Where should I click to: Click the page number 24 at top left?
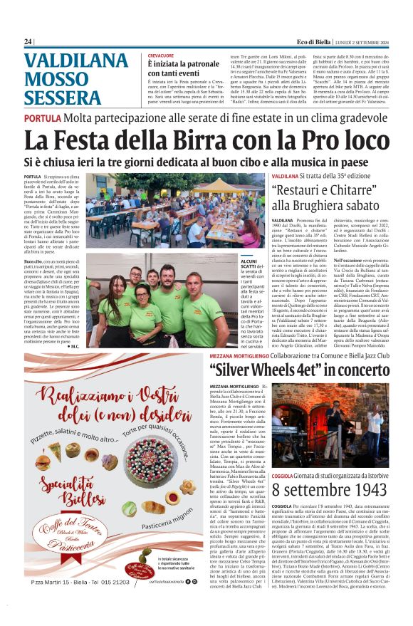pos(28,41)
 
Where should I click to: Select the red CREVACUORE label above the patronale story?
pos(160,55)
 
